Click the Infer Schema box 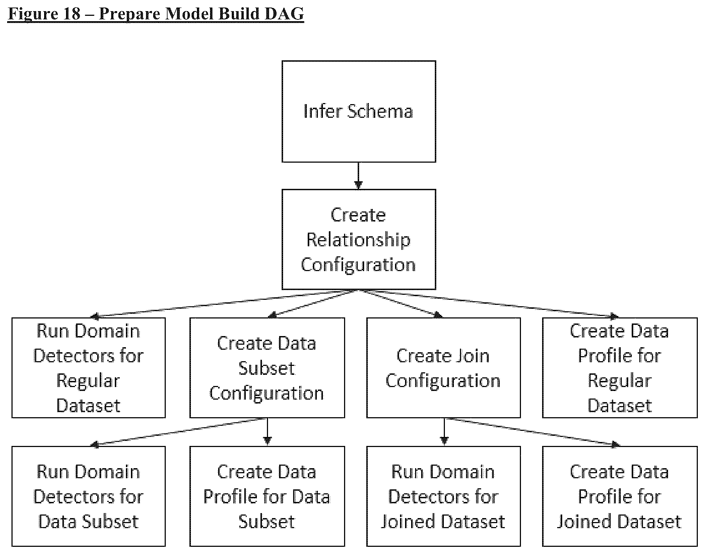(359, 111)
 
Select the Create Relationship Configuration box (359, 239)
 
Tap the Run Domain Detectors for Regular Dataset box (89, 368)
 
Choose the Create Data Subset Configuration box (267, 368)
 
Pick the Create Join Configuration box (443, 368)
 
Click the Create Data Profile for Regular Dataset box (620, 368)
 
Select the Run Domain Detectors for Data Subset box (89, 496)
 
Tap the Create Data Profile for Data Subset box (267, 496)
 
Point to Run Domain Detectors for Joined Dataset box (443, 496)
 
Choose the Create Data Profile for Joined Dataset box (620, 496)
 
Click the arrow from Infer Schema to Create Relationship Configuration (358, 176)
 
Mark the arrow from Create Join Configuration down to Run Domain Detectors (444, 432)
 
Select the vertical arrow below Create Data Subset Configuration (267, 432)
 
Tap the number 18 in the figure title (72, 14)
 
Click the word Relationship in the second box (358, 240)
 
